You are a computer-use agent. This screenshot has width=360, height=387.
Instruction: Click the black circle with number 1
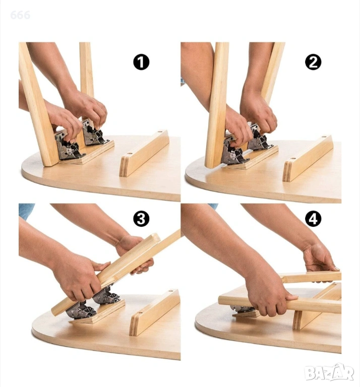pos(141,62)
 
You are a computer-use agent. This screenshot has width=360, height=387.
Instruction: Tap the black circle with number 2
pos(313,62)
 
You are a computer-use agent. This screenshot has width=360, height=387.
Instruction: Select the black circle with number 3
pos(141,219)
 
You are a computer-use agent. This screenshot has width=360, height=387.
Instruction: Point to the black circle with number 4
pos(313,219)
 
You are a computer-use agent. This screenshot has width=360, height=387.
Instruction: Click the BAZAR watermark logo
pos(329,372)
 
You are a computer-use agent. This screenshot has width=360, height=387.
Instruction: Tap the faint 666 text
pos(20,15)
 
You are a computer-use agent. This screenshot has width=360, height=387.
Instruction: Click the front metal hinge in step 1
pos(69,146)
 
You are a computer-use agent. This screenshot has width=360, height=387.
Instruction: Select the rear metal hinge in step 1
pos(95,133)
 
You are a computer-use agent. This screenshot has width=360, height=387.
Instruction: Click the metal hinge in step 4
pos(242,308)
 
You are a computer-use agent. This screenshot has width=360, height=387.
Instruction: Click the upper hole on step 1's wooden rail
pos(160,132)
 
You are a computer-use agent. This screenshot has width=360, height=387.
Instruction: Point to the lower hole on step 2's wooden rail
pos(293,159)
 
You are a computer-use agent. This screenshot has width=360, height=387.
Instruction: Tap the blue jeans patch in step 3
pos(26,210)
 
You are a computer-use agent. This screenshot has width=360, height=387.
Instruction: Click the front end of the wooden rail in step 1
pos(125,166)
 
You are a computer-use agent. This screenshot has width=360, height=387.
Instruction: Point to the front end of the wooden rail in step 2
pos(288,171)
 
